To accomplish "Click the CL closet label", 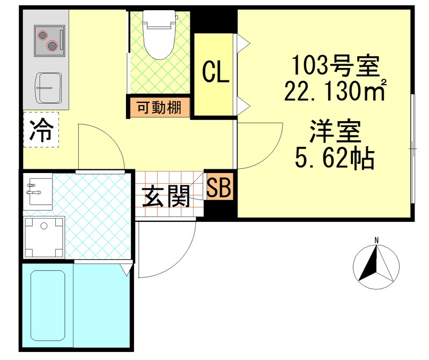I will pyautogui.click(x=215, y=73).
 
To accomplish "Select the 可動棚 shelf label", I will pyautogui.click(x=159, y=107).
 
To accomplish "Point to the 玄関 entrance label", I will pyautogui.click(x=166, y=197).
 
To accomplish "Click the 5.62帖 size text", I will pyautogui.click(x=334, y=157).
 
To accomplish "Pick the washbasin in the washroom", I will pyautogui.click(x=38, y=191).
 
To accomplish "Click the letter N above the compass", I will pyautogui.click(x=377, y=240).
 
